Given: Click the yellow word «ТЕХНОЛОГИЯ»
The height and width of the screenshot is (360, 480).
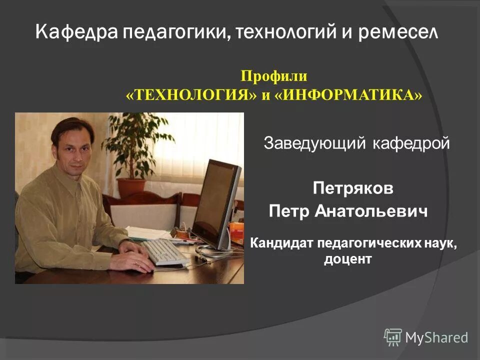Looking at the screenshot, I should [x=191, y=95].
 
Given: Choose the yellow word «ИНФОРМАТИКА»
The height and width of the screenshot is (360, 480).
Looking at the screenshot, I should [x=348, y=95].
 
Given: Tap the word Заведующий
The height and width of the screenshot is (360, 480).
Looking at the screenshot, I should [x=315, y=144].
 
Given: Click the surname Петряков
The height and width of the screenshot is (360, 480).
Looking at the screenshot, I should [x=353, y=188].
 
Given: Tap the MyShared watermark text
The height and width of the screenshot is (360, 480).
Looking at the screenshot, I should [x=436, y=337].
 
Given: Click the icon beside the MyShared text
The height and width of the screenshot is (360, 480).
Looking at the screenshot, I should [x=393, y=337].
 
